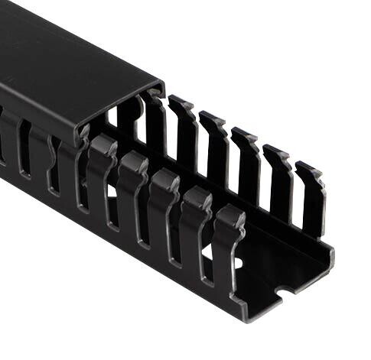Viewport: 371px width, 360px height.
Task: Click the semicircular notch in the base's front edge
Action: [x=285, y=291]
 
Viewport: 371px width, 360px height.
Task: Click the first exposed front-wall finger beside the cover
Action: [x=101, y=172]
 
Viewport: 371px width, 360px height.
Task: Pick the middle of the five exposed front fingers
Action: [x=164, y=203]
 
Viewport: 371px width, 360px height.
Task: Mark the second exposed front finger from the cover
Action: [x=132, y=187]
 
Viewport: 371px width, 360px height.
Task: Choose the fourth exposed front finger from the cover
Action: [x=196, y=218]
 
